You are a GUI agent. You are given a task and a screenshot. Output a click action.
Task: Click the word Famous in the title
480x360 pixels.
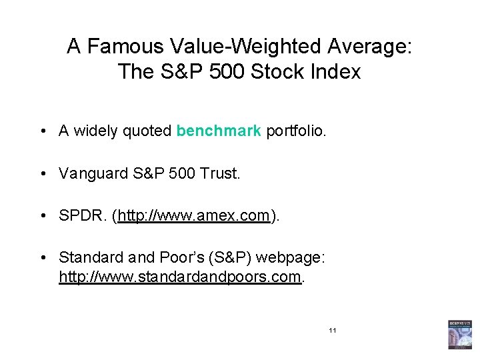pyautogui.click(x=125, y=47)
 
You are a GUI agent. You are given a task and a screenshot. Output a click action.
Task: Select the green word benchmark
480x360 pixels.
pyautogui.click(x=219, y=131)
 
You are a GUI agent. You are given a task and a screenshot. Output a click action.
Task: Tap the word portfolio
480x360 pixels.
pyautogui.click(x=296, y=131)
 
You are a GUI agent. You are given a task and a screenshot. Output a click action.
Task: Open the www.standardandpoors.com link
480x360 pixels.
pyautogui.click(x=180, y=277)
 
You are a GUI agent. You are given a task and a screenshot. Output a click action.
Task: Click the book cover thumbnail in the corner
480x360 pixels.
pyautogui.click(x=459, y=334)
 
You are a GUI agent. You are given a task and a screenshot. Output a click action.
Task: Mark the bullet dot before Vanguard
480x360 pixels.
pyautogui.click(x=43, y=173)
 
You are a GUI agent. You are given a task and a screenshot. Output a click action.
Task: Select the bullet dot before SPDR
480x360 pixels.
pyautogui.click(x=43, y=216)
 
